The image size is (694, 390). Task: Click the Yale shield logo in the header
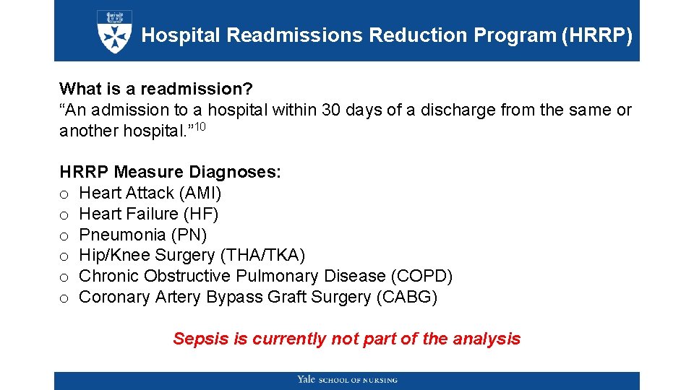[x=114, y=31]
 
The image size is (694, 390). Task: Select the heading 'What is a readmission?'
[x=156, y=89]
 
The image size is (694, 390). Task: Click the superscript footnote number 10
[x=202, y=128]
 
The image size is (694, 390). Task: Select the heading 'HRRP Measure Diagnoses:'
[x=171, y=173]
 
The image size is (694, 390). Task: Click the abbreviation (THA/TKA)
[x=262, y=255]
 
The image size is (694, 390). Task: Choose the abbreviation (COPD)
[x=421, y=276]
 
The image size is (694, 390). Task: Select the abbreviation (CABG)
[x=406, y=297]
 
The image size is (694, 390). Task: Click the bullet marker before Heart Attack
[x=64, y=194]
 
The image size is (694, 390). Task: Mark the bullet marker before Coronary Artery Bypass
[x=64, y=298]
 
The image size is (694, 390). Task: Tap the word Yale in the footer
[x=306, y=380]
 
